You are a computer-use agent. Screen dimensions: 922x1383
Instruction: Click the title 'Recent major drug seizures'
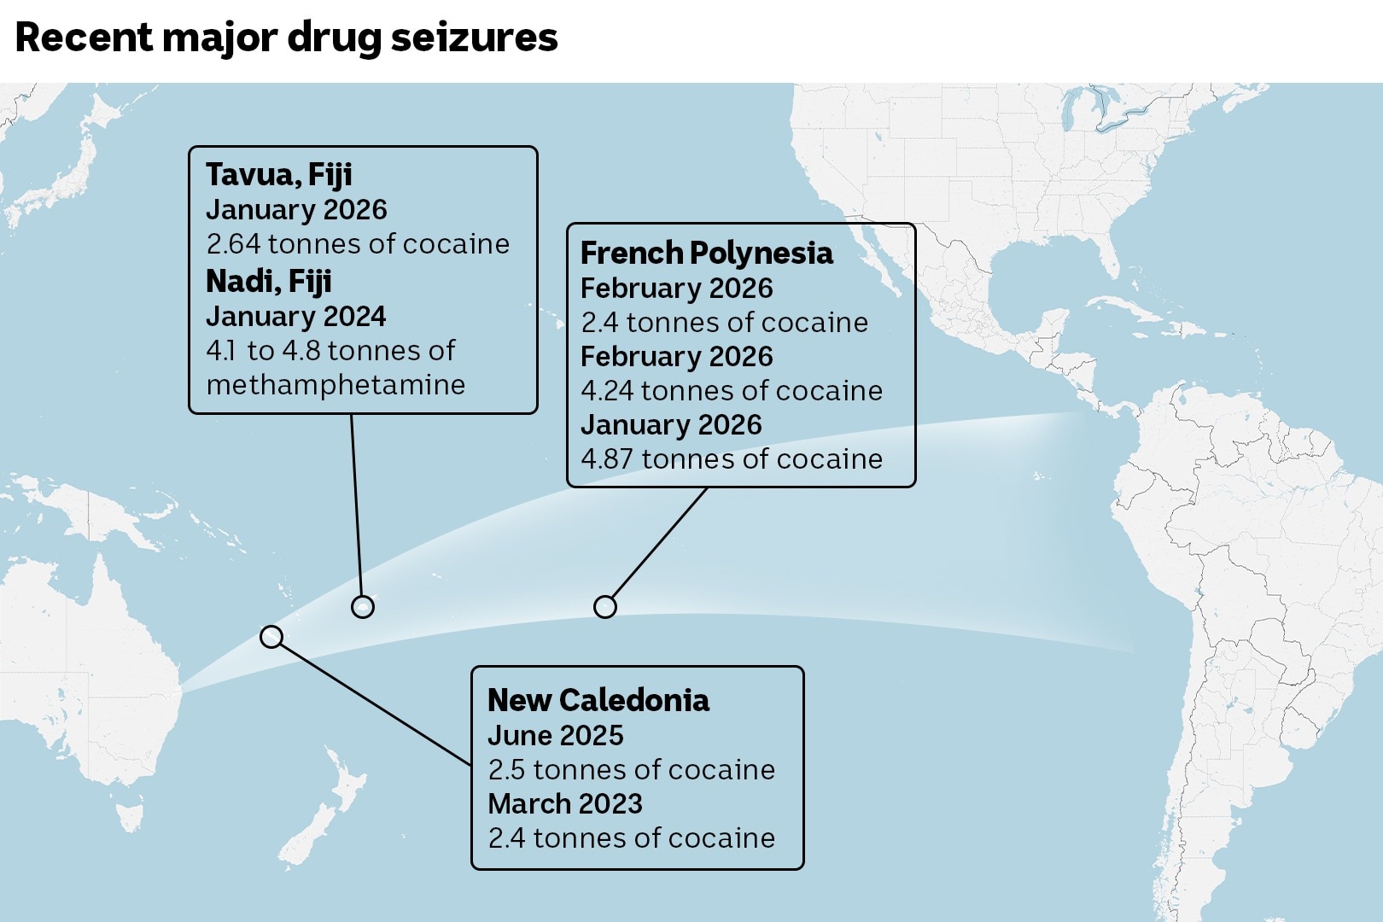pyautogui.click(x=286, y=38)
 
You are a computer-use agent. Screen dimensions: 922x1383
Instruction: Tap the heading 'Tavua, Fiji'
pyautogui.click(x=278, y=175)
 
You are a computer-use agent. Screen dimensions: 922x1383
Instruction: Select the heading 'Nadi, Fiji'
pyautogui.click(x=268, y=282)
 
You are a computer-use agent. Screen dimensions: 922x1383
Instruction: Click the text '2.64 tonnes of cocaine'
pyautogui.click(x=358, y=244)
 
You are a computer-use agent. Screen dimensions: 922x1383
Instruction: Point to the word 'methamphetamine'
pyautogui.click(x=336, y=385)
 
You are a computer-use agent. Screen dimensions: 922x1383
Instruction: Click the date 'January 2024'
pyautogui.click(x=295, y=317)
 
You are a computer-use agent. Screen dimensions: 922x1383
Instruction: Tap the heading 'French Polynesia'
pyautogui.click(x=706, y=254)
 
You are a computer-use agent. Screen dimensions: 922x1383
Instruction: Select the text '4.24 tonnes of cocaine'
pyautogui.click(x=732, y=391)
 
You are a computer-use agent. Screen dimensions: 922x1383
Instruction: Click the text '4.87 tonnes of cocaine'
pyautogui.click(x=732, y=459)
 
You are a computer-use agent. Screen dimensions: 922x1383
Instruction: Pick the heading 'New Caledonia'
pyautogui.click(x=598, y=701)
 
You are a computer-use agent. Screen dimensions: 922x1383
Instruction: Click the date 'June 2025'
pyautogui.click(x=555, y=736)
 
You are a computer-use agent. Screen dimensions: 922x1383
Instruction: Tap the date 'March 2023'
pyautogui.click(x=564, y=804)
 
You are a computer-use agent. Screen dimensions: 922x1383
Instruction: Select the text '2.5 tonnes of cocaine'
pyautogui.click(x=631, y=770)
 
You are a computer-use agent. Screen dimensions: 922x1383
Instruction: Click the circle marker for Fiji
pyautogui.click(x=363, y=608)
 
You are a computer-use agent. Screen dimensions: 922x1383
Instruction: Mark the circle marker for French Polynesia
pyautogui.click(x=605, y=607)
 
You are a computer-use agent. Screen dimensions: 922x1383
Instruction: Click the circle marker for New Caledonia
pyautogui.click(x=271, y=637)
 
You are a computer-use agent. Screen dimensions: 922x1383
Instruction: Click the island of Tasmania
pyautogui.click(x=130, y=816)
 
